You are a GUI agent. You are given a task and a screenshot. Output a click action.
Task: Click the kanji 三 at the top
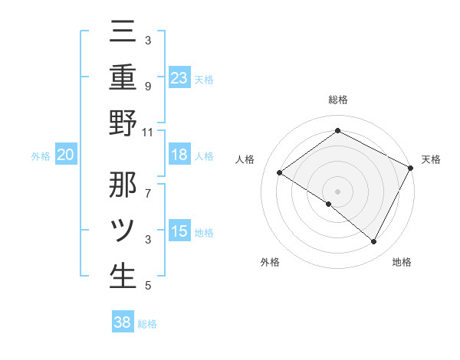123,33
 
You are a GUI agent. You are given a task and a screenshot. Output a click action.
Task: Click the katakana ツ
123,231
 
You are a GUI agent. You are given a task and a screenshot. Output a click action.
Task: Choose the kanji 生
123,276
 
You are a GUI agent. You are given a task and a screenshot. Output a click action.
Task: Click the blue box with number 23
179,78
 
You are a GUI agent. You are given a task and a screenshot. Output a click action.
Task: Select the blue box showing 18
179,155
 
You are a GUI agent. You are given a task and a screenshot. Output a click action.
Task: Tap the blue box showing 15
179,231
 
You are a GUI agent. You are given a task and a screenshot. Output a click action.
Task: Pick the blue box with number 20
66,155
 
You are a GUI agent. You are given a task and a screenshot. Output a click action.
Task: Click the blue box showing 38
123,322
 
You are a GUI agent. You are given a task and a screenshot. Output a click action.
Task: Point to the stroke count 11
148,131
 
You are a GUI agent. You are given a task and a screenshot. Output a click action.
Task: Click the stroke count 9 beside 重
148,86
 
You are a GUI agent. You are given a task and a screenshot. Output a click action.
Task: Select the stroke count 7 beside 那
148,185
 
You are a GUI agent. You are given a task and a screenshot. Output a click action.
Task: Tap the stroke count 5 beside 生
148,286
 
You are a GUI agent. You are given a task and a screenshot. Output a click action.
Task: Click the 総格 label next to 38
147,324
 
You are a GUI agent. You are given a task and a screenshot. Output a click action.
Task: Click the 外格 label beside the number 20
41,156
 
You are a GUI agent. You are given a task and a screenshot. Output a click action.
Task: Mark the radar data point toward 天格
411,168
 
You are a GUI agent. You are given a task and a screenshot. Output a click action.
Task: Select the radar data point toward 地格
374,242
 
